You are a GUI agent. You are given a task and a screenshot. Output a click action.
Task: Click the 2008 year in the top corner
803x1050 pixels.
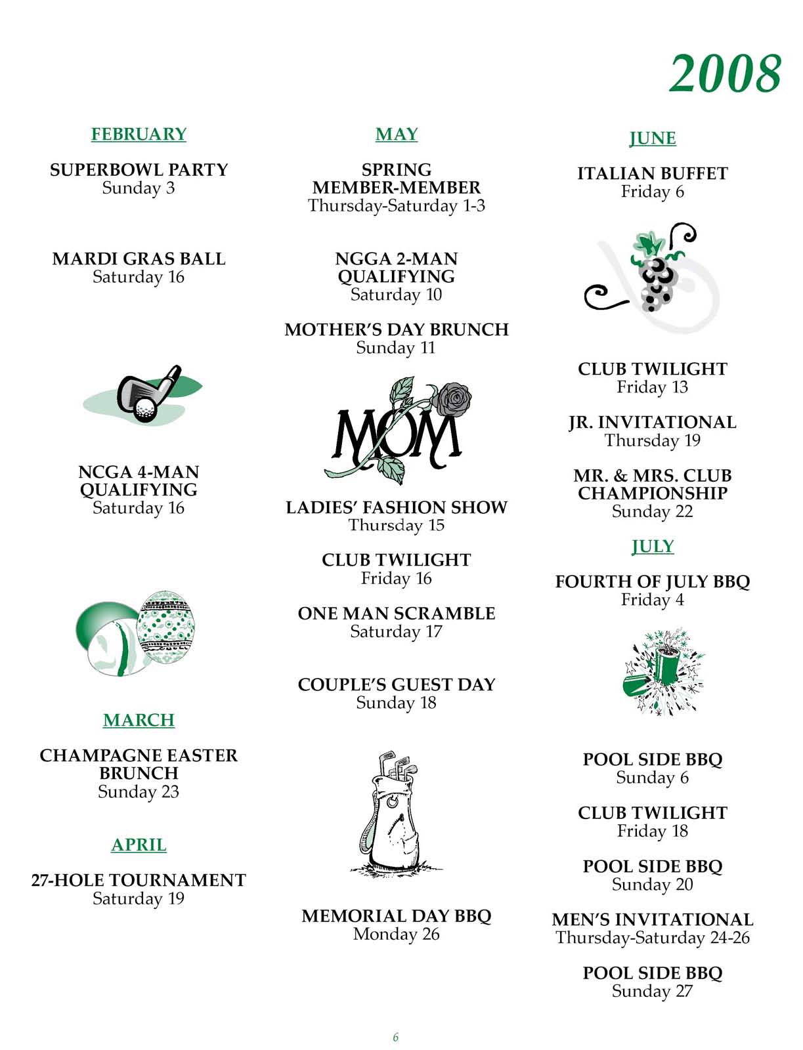tap(726, 73)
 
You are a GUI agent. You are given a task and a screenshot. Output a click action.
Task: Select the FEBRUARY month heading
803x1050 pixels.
tap(139, 134)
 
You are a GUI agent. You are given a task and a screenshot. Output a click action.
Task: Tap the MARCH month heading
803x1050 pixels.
tap(139, 720)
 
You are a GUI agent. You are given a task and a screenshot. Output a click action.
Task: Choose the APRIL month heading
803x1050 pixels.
tap(139, 845)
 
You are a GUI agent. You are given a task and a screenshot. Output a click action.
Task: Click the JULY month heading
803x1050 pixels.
tap(653, 546)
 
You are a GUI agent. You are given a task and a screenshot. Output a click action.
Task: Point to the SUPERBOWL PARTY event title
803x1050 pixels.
tap(139, 170)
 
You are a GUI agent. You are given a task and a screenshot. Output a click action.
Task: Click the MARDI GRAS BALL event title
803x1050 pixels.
tap(139, 259)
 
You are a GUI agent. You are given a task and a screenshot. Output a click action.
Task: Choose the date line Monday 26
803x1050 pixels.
tap(396, 934)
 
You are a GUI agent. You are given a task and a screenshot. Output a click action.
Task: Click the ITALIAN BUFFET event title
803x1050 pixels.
tap(652, 174)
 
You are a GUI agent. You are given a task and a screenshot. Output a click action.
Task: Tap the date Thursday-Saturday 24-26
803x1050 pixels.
tap(652, 938)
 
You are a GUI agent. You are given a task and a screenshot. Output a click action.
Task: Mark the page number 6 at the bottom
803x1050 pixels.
tap(395, 1038)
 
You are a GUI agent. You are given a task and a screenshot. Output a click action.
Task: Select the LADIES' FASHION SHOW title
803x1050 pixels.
tap(396, 507)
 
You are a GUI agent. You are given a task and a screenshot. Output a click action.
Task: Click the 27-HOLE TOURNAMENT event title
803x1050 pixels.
tap(139, 880)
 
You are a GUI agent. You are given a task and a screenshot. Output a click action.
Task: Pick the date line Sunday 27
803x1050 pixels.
tap(652, 991)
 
